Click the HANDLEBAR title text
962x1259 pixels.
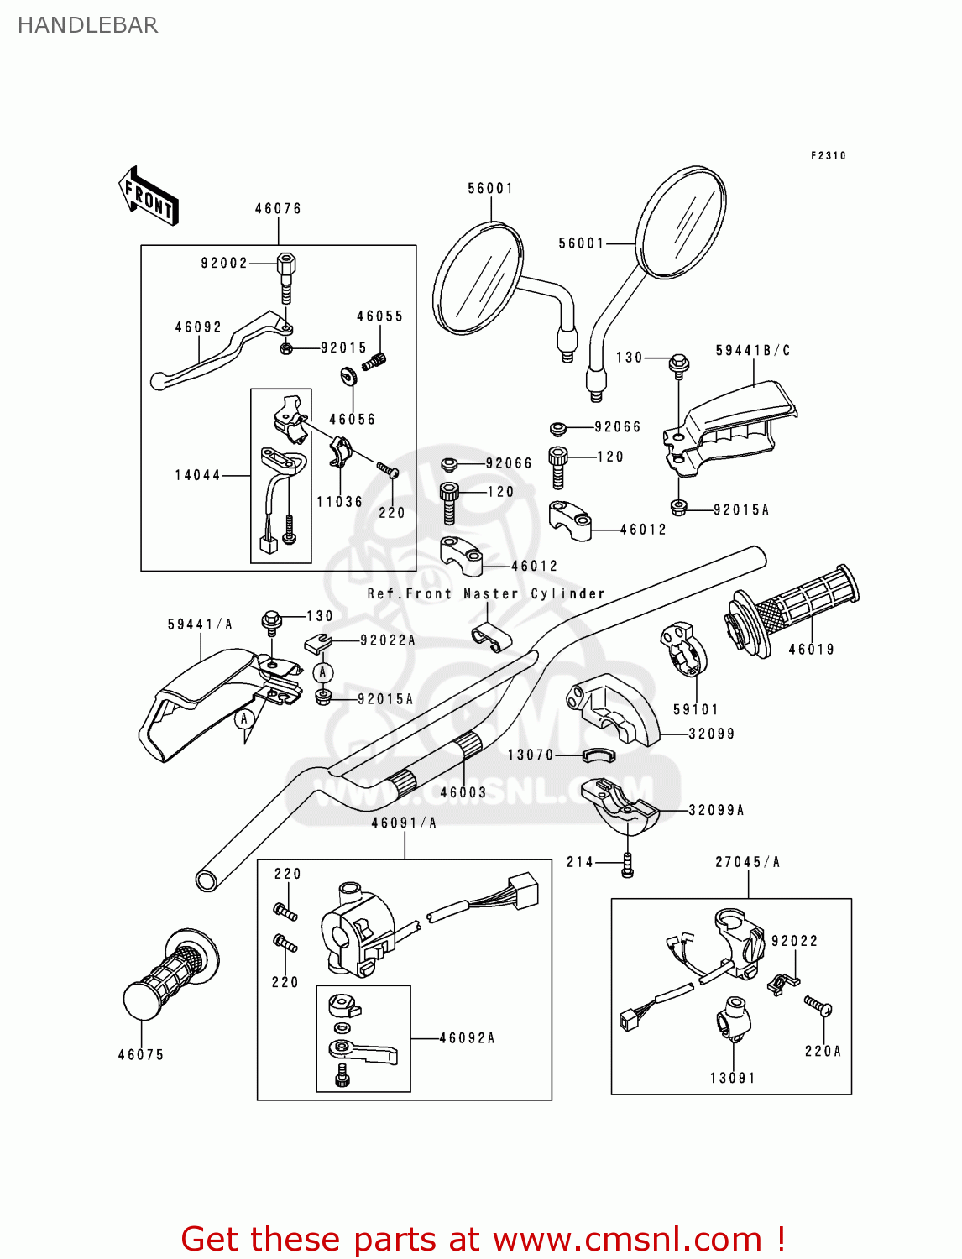coord(87,25)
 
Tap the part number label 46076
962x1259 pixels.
coord(278,209)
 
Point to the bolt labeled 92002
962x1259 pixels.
coord(285,277)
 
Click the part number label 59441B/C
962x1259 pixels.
coord(753,351)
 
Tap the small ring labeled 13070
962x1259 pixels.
coord(599,755)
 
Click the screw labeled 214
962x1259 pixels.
coord(627,865)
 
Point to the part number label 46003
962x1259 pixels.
coord(463,792)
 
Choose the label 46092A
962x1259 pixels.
coord(467,1038)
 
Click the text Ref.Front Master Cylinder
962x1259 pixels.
coord(486,593)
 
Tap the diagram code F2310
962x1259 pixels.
coord(828,156)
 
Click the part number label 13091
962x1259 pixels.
coord(733,1078)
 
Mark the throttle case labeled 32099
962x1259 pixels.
coord(617,709)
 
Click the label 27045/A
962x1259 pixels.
coord(747,862)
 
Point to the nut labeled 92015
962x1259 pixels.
coord(285,347)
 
